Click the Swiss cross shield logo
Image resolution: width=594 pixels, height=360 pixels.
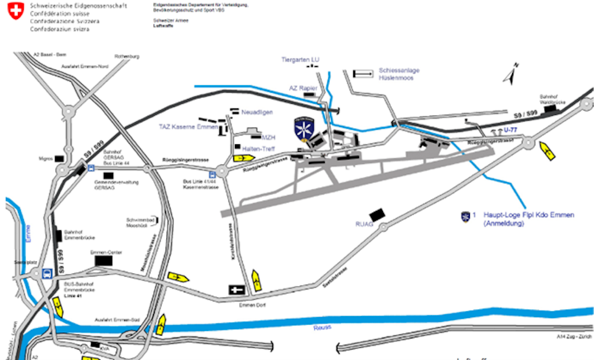[x=16, y=11]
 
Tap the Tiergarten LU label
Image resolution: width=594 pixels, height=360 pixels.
[x=300, y=60]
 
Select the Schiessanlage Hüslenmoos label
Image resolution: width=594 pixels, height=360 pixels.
[x=399, y=74]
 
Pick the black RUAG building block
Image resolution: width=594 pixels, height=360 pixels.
[x=378, y=214]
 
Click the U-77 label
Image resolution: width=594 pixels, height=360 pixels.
[x=510, y=129]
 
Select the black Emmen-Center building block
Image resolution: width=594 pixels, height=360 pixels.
[x=104, y=261]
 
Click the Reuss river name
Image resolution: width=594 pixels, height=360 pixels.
[x=323, y=327]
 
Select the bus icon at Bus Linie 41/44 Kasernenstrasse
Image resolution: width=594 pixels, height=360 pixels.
[x=212, y=173]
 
